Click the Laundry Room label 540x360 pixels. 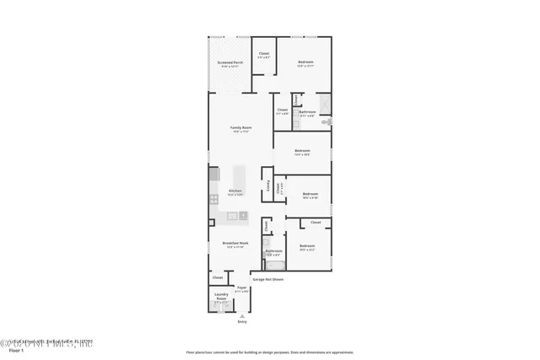tap(221, 297)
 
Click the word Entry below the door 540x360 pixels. tap(242, 321)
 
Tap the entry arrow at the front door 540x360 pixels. tap(242, 315)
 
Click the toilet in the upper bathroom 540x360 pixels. tap(328, 121)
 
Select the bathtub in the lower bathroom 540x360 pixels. tap(274, 262)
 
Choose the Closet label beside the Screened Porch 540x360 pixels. tap(263, 55)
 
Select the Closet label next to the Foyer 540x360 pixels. tap(218, 277)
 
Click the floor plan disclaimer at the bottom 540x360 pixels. tap(269, 352)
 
